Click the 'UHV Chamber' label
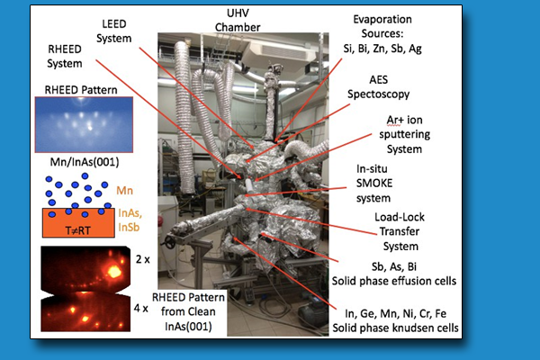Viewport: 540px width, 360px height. point(238,21)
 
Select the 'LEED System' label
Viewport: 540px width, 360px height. point(114,31)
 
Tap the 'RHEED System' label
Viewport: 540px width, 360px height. point(65,56)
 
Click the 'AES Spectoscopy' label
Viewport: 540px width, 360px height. point(379,86)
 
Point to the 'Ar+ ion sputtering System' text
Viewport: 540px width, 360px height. point(405,134)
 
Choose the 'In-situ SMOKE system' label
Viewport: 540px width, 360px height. point(374,184)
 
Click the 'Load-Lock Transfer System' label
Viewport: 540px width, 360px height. point(400,231)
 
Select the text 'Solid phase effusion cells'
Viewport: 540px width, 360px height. point(394,281)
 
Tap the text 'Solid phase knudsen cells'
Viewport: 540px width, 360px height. point(395,328)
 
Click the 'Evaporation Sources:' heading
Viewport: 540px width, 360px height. point(382,26)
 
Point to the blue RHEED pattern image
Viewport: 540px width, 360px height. point(84,125)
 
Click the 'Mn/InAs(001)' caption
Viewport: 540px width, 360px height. point(85,162)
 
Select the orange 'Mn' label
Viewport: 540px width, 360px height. point(125,191)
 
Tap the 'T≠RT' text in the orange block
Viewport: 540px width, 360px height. point(77,230)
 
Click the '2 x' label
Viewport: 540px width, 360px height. point(143,259)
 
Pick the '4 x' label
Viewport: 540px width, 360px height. point(141,309)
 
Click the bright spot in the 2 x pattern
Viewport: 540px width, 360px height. point(114,272)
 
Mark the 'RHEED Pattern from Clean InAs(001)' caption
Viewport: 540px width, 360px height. point(188,311)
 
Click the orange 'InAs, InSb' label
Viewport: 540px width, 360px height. point(130,220)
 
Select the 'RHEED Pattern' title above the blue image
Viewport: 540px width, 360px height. point(81,90)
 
